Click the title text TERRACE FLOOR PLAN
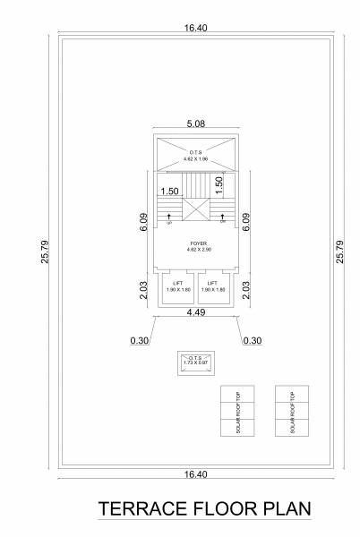(x=204, y=509)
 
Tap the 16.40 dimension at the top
(x=196, y=29)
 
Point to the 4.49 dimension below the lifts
(x=196, y=312)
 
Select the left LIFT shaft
(x=177, y=287)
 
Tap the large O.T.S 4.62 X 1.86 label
(x=197, y=154)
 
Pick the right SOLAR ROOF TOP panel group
(x=293, y=411)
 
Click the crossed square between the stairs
(x=196, y=209)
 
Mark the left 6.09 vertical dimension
(x=144, y=222)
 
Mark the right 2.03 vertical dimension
(x=246, y=290)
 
